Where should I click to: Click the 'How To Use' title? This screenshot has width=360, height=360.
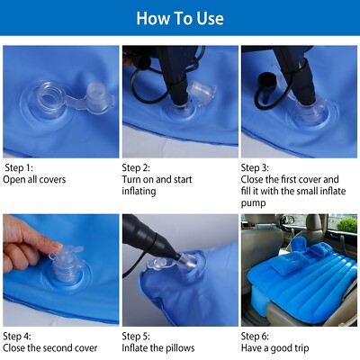click(x=180, y=18)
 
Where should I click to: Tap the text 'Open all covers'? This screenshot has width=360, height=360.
click(x=35, y=179)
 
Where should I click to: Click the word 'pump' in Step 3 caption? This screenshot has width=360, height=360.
click(x=253, y=203)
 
